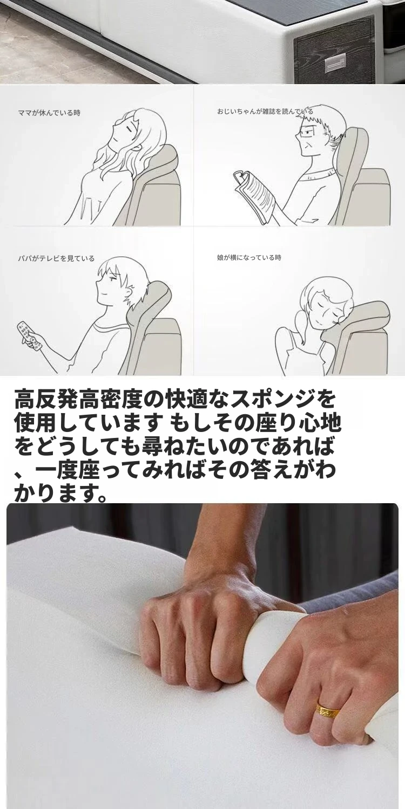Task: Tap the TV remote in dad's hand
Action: tap(30, 334)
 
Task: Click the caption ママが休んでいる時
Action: tap(50, 113)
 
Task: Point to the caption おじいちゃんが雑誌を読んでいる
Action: tap(265, 111)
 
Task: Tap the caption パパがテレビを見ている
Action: tap(56, 258)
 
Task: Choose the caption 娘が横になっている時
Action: tap(249, 257)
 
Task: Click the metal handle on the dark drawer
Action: tap(335, 64)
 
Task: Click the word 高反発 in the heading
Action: tap(51, 400)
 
